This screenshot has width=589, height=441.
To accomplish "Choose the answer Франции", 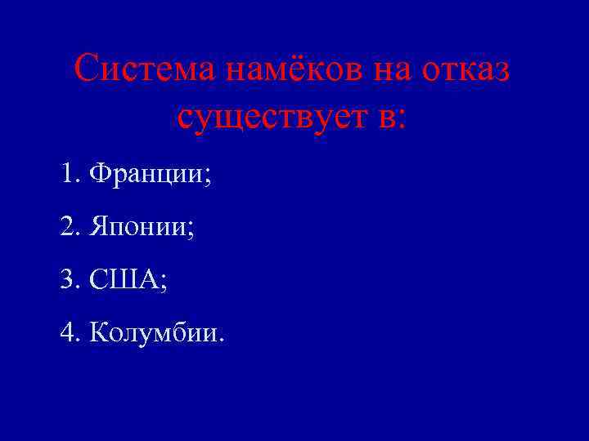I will [146, 174].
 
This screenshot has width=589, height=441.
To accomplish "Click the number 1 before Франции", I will [66, 173].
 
